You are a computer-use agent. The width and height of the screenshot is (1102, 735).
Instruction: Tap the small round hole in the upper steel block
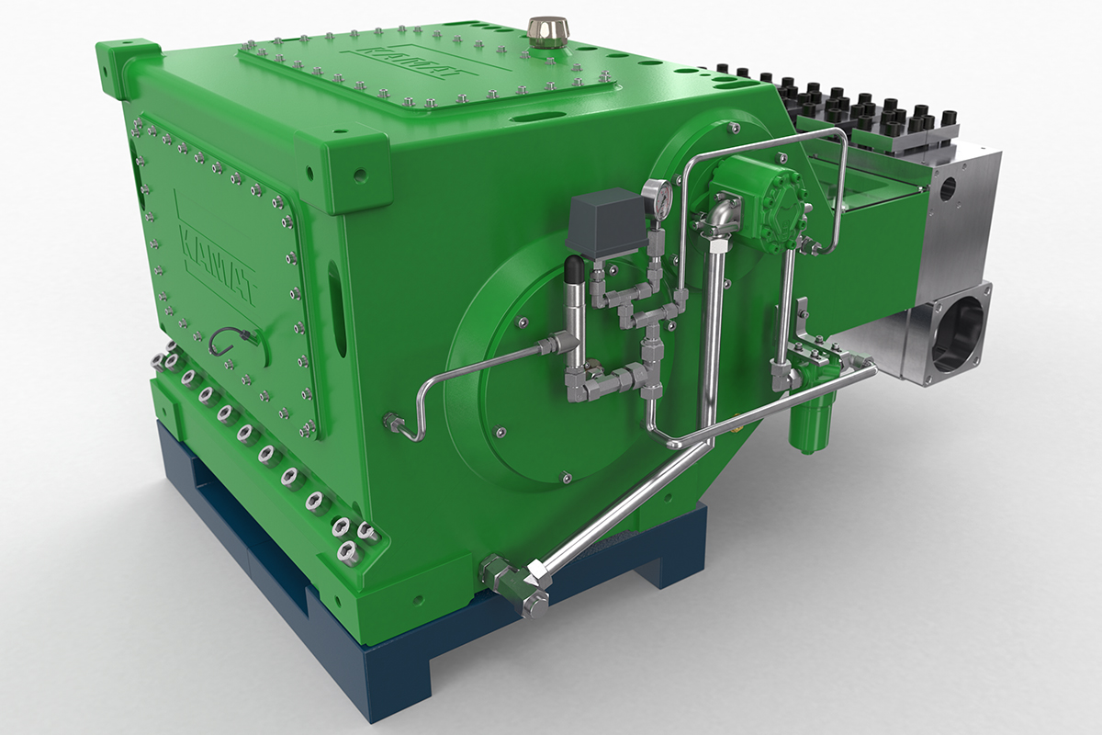pos(949,188)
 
